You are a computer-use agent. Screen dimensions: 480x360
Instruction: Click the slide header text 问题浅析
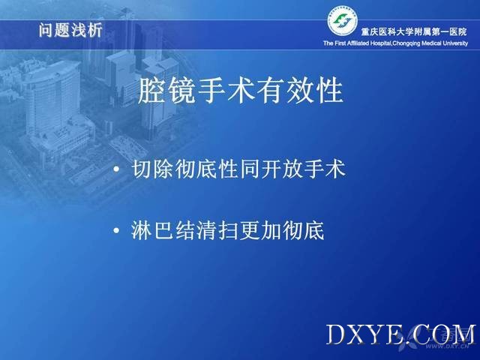(70, 30)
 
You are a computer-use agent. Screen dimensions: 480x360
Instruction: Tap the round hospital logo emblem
(343, 21)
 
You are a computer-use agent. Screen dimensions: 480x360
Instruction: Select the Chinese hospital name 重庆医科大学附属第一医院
(414, 31)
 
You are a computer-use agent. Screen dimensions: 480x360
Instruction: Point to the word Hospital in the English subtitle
(380, 43)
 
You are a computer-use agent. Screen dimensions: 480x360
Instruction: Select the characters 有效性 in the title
(300, 90)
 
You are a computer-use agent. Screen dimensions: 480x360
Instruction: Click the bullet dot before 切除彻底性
(116, 169)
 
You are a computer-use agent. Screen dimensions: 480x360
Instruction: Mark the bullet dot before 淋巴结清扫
(116, 230)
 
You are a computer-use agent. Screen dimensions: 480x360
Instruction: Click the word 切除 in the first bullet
(153, 169)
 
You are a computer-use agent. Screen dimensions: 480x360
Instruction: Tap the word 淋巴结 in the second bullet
(163, 230)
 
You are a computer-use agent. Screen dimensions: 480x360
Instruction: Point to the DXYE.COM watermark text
(401, 334)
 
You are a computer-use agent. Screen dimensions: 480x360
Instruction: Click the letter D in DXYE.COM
(336, 334)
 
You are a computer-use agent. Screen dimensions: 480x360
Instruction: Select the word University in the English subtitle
(455, 43)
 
